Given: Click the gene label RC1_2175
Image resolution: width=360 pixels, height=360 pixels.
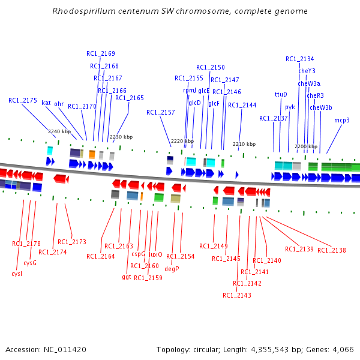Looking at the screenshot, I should [x=22, y=100].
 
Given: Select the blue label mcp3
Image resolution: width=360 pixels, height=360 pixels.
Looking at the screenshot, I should [x=341, y=120].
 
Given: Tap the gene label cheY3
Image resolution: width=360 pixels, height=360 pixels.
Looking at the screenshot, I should [x=307, y=71].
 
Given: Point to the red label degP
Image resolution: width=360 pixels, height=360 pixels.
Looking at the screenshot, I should [x=172, y=269].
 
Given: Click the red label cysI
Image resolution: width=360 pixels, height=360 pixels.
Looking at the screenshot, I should [x=17, y=274].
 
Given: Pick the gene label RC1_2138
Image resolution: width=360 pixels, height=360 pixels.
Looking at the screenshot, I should [x=331, y=250].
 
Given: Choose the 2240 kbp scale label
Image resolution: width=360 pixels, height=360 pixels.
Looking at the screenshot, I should [x=59, y=131].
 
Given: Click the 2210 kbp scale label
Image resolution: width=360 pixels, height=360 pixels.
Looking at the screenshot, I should [x=244, y=144].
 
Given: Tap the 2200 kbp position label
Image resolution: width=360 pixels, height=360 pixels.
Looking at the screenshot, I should [x=306, y=146].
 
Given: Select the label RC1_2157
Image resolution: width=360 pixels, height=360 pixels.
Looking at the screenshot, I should [x=160, y=112].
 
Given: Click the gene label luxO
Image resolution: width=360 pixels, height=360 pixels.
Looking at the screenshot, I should [x=155, y=254].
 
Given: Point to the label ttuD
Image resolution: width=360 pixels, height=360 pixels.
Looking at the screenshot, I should [x=281, y=94].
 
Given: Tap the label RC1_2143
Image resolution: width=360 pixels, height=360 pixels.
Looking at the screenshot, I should [x=236, y=295].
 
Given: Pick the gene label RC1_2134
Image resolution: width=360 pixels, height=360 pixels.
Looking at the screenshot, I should [x=299, y=59].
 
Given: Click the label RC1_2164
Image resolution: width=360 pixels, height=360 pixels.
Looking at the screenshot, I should [x=101, y=256].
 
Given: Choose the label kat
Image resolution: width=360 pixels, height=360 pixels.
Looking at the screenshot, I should [x=46, y=103].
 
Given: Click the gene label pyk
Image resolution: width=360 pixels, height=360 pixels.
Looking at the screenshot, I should [x=290, y=107].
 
